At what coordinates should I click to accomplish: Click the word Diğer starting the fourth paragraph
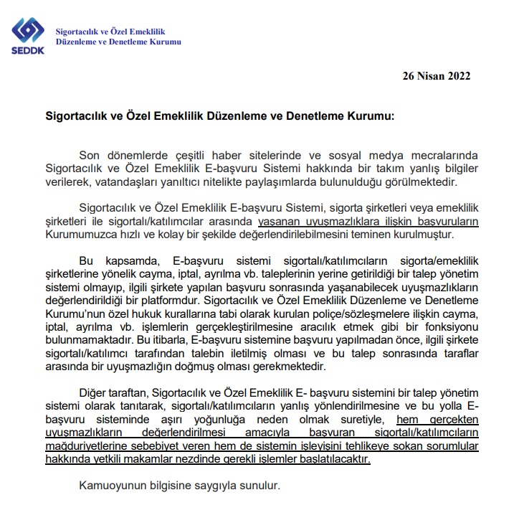point(95,393)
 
